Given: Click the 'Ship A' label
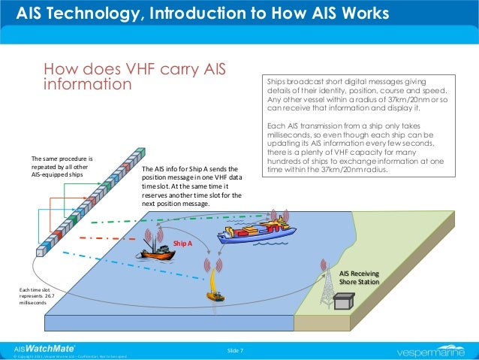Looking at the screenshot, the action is click(182, 244).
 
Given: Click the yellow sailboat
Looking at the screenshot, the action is click(215, 290).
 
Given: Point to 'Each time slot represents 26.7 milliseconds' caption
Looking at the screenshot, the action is click(37, 296).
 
